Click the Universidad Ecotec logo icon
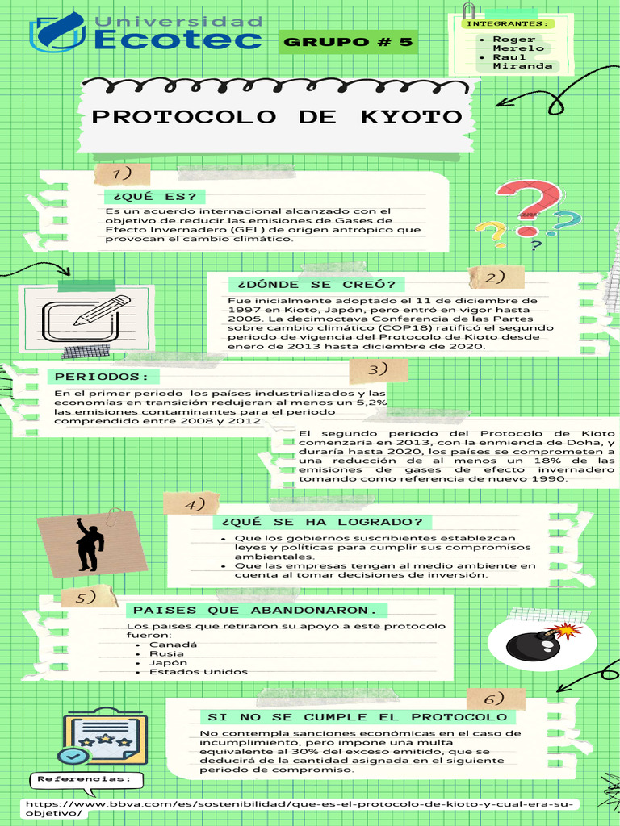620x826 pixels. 57,32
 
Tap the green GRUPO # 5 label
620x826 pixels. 348,42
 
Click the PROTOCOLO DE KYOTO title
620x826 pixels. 277,117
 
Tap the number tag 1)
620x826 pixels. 123,174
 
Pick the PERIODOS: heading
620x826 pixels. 103,377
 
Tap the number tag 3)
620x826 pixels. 378,370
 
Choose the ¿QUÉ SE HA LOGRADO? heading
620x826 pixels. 321,522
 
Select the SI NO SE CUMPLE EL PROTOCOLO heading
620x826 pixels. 357,717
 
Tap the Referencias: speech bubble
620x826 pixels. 86,779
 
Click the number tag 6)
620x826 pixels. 495,699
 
